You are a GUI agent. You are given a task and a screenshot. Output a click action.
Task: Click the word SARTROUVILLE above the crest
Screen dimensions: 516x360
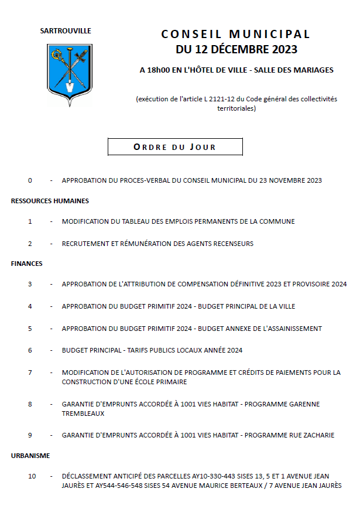tap(66, 31)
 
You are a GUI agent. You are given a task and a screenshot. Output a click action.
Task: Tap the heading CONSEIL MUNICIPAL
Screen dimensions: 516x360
tap(236, 35)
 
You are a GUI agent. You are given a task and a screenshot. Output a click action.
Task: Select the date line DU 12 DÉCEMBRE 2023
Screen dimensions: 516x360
tap(236, 49)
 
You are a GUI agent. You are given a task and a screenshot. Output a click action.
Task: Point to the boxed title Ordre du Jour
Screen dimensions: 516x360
tap(175, 147)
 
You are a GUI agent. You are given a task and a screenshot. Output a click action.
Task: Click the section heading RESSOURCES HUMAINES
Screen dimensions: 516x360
tap(50, 201)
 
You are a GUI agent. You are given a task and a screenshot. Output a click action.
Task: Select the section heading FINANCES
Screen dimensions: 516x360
tap(27, 264)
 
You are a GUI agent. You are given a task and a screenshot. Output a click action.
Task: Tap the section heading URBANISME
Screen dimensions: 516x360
tap(30, 455)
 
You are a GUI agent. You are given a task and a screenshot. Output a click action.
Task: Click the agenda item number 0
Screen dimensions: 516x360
tap(30, 180)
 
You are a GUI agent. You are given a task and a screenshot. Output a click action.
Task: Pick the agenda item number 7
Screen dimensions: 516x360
tap(30, 373)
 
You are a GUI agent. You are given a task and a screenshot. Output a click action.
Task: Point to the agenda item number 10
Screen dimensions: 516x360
tap(32, 476)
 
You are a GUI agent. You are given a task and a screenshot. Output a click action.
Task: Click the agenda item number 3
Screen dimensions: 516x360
tap(30, 284)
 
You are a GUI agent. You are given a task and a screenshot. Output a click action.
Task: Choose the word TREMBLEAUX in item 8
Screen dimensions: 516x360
tap(83, 414)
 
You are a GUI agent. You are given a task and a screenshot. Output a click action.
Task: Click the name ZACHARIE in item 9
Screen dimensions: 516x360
tap(315, 435)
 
